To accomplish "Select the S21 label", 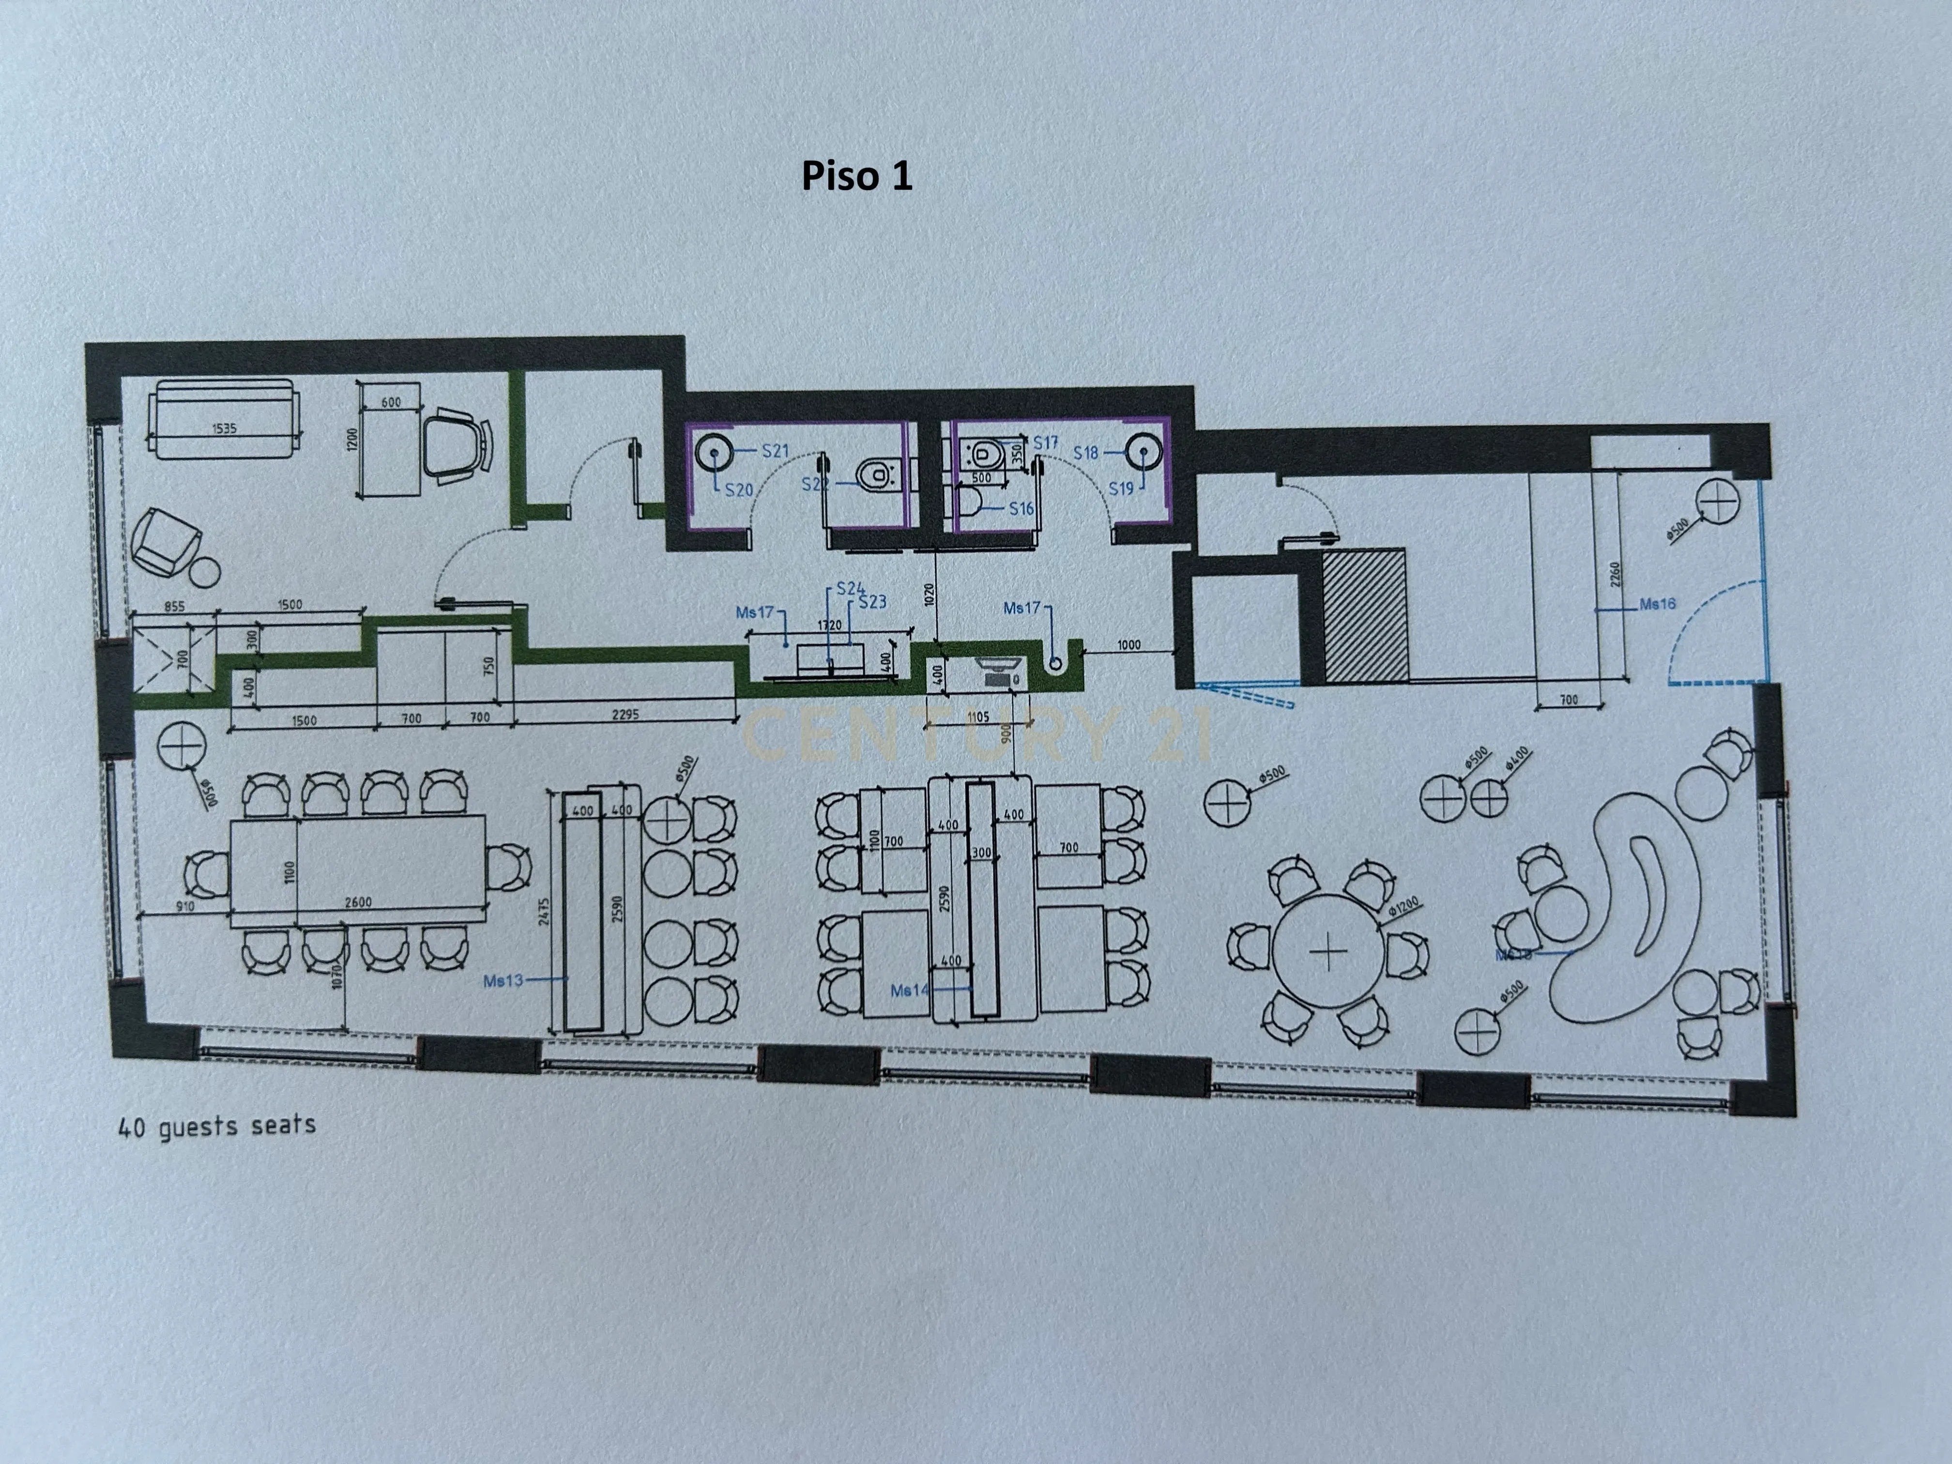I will [775, 451].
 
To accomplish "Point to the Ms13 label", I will [503, 980].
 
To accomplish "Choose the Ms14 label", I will [909, 990].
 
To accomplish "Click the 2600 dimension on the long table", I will [357, 902].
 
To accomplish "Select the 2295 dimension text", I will [625, 714].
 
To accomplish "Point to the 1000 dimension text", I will [1128, 645].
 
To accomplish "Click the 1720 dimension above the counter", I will [829, 625].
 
